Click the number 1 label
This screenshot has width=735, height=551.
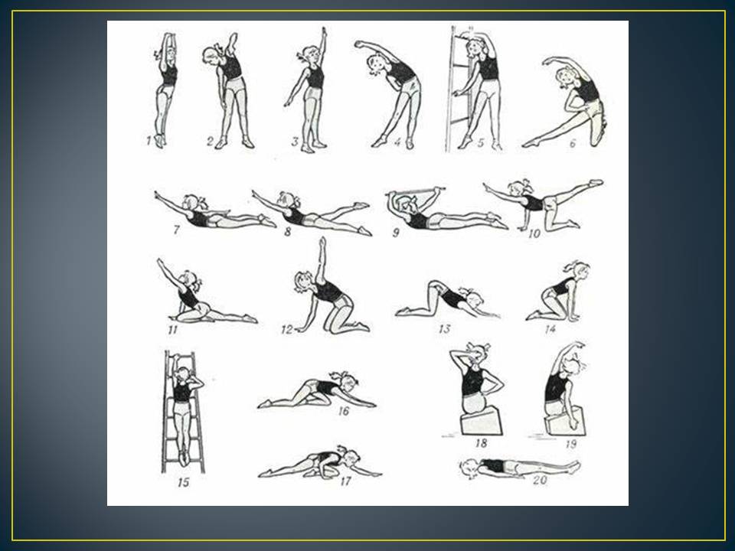tap(149, 139)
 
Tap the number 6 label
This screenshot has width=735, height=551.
tap(573, 143)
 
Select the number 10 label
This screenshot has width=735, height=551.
tap(534, 233)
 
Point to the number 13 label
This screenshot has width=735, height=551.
tap(444, 329)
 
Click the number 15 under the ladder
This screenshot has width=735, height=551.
tap(183, 481)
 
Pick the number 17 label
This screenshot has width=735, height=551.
tap(345, 481)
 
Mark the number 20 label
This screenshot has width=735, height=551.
tap(540, 480)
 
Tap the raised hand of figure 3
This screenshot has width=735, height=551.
tap(323, 32)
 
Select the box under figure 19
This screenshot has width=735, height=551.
tap(564, 420)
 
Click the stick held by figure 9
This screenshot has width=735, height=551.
tap(415, 191)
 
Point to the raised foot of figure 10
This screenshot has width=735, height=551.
tap(596, 182)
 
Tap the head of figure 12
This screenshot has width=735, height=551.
tap(305, 281)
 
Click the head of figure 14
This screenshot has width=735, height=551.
tap(579, 271)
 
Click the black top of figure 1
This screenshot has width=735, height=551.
tap(168, 70)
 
